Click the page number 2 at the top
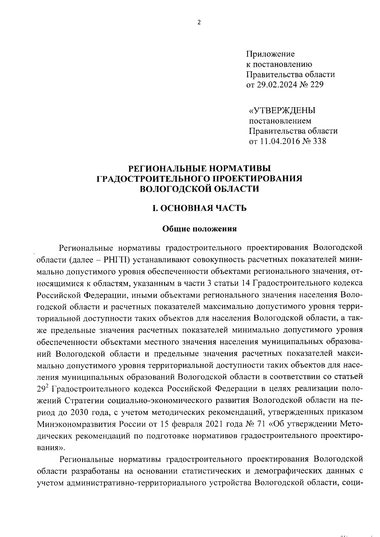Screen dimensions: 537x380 (x=199, y=22)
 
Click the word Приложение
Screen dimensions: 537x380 (x=270, y=54)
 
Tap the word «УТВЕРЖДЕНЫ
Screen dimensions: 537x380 (x=282, y=110)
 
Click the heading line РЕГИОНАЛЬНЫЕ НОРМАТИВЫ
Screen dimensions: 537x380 (x=199, y=168)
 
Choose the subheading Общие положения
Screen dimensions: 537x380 (x=199, y=229)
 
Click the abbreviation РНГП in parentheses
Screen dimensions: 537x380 (x=116, y=260)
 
